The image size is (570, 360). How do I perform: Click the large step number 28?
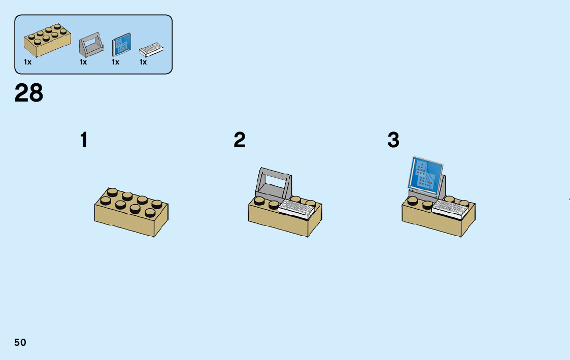[29, 93]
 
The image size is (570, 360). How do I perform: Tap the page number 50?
[20, 342]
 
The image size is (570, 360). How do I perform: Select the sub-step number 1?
[84, 140]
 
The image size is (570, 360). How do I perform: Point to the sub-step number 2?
[240, 140]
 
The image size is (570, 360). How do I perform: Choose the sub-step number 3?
[393, 140]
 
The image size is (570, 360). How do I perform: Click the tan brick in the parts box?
[46, 41]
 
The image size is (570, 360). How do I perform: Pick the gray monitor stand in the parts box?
[91, 45]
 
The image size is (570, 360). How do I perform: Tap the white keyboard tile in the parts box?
[152, 49]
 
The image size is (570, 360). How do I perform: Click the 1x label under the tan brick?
[27, 62]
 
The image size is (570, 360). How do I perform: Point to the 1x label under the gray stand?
[83, 62]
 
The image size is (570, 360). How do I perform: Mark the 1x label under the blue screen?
[116, 62]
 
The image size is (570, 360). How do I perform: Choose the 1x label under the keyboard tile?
[143, 62]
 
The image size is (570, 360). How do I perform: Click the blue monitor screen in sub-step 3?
[425, 175]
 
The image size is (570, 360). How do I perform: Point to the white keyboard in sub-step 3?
[450, 208]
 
